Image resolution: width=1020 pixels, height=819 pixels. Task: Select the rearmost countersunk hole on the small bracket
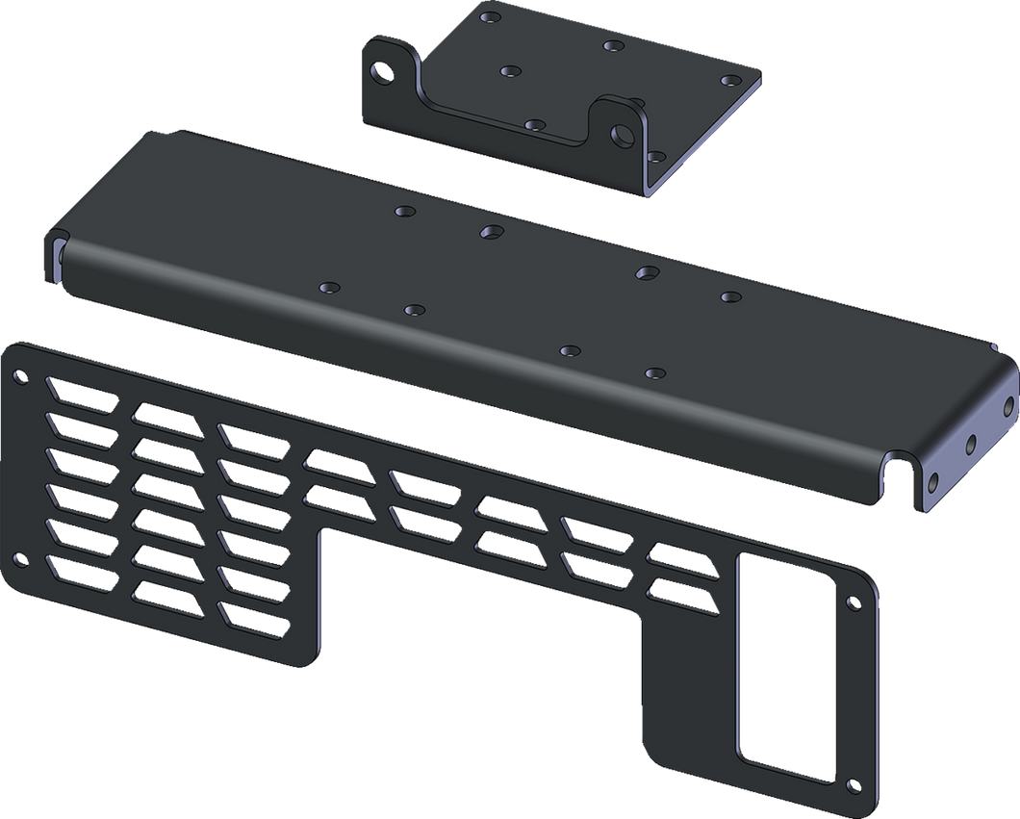coord(491,18)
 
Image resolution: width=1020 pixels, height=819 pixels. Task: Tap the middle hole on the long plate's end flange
coord(970,444)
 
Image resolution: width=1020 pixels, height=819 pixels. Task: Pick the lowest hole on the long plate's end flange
coord(931,483)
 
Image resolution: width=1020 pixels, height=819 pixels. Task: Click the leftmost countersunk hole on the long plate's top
coord(330,287)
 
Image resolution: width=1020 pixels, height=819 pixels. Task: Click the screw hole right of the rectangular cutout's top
coord(852,602)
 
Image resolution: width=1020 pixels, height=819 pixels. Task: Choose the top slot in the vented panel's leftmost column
coord(77,392)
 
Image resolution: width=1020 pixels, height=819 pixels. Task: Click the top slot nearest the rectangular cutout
coord(682,555)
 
